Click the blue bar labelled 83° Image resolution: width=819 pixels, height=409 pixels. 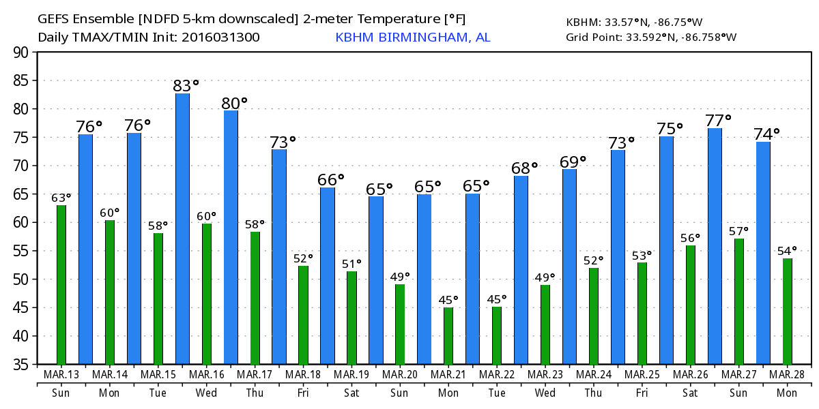pos(182,228)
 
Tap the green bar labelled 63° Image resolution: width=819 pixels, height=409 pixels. pos(61,284)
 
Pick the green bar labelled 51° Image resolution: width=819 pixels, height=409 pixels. pos(351,318)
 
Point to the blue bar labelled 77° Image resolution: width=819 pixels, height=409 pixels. pos(715,245)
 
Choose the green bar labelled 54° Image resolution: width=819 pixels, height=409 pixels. pos(787,311)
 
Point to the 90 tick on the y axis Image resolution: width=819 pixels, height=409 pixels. pos(23,52)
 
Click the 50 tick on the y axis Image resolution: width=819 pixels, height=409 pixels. pos(23,279)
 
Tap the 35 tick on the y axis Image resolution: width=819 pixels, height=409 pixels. pos(23,365)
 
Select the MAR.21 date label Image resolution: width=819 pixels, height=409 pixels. pos(448,374)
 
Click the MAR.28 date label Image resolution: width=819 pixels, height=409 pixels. pos(787,374)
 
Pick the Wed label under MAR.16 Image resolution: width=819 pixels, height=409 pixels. pos(206,393)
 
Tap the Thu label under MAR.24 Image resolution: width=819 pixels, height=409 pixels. pos(593,393)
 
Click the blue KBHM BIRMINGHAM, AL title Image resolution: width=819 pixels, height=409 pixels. pos(412,37)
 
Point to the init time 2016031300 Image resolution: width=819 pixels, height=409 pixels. pos(220,37)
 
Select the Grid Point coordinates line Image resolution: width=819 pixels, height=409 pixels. pos(651,37)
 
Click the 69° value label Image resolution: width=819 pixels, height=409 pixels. pos(573,162)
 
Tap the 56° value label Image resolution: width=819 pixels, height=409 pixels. pos(690,238)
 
